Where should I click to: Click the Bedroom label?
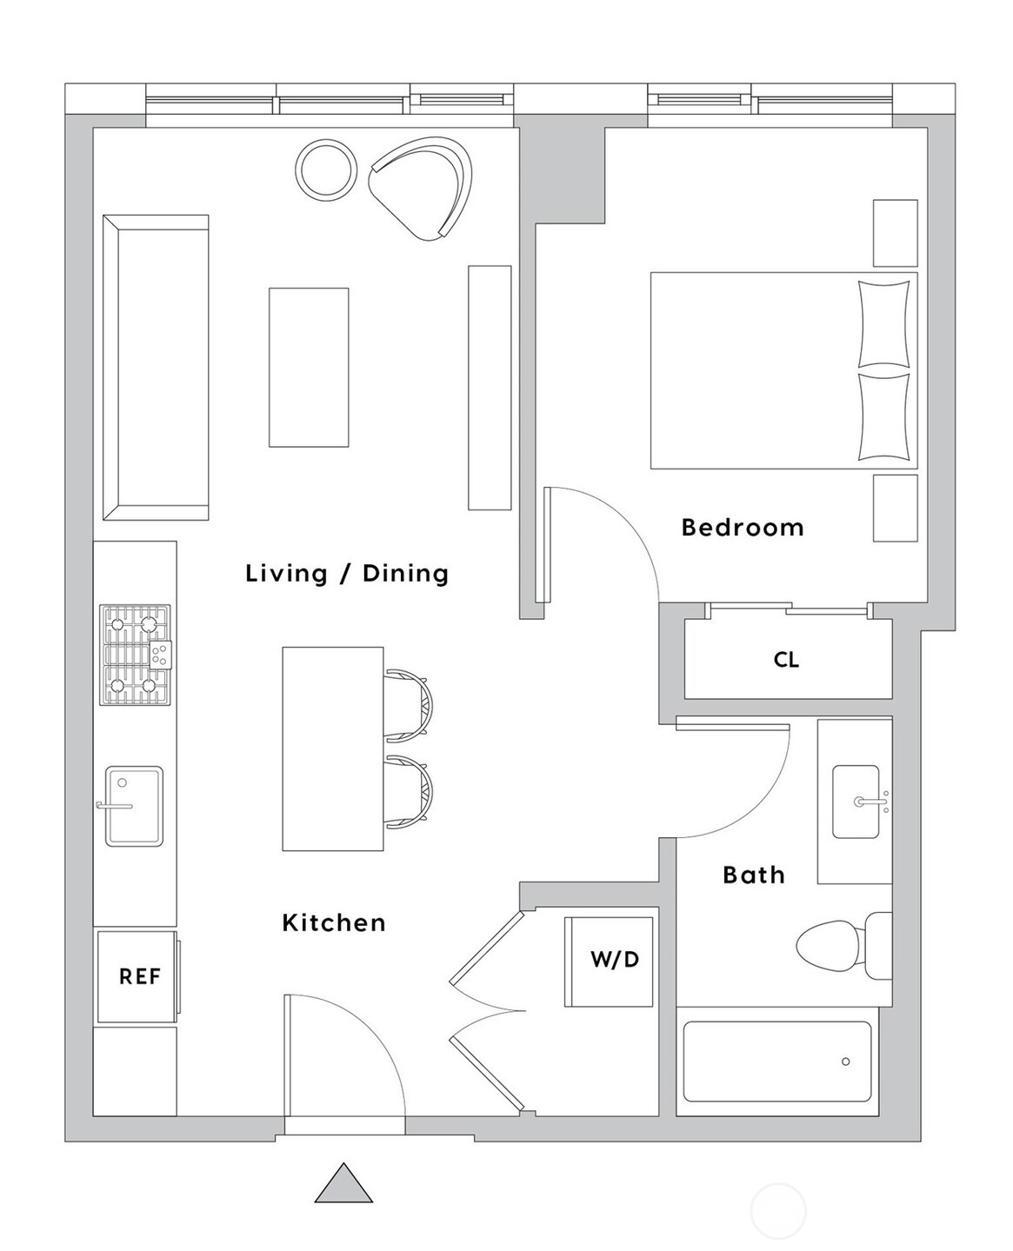pyautogui.click(x=742, y=528)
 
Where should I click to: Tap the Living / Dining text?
pyautogui.click(x=346, y=574)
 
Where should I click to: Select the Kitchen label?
pyautogui.click(x=333, y=922)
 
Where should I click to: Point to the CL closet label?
pyautogui.click(x=786, y=660)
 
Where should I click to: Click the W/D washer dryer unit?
pyautogui.click(x=609, y=961)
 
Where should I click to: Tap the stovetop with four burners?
pyautogui.click(x=135, y=655)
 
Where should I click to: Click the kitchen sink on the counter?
pyautogui.click(x=134, y=806)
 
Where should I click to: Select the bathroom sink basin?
pyautogui.click(x=856, y=802)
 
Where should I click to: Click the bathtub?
pyautogui.click(x=776, y=1061)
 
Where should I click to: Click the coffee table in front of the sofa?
pyautogui.click(x=309, y=367)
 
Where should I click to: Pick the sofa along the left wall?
pyautogui.click(x=155, y=367)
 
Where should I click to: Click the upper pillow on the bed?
pyautogui.click(x=883, y=323)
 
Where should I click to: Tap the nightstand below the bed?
pyautogui.click(x=895, y=508)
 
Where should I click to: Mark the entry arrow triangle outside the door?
pyautogui.click(x=343, y=1186)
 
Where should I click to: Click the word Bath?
pyautogui.click(x=753, y=875)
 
